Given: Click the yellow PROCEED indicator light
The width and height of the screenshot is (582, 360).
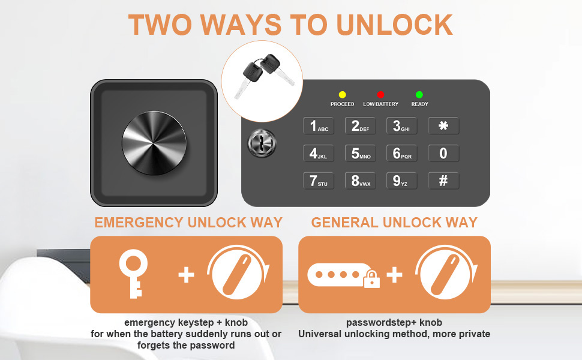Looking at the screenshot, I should coord(342,95).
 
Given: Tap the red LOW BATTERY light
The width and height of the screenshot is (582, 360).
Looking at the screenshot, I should coord(380,95).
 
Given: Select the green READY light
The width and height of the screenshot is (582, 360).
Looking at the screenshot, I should coord(419,95).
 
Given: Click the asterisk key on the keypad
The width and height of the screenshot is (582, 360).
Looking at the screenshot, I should coord(443,126).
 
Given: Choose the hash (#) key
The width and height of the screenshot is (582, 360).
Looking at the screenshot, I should coord(443,181).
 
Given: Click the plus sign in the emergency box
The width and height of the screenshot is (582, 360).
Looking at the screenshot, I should coord(187,275).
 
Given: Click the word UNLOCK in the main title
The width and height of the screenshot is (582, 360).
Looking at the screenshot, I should coord(394,25).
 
